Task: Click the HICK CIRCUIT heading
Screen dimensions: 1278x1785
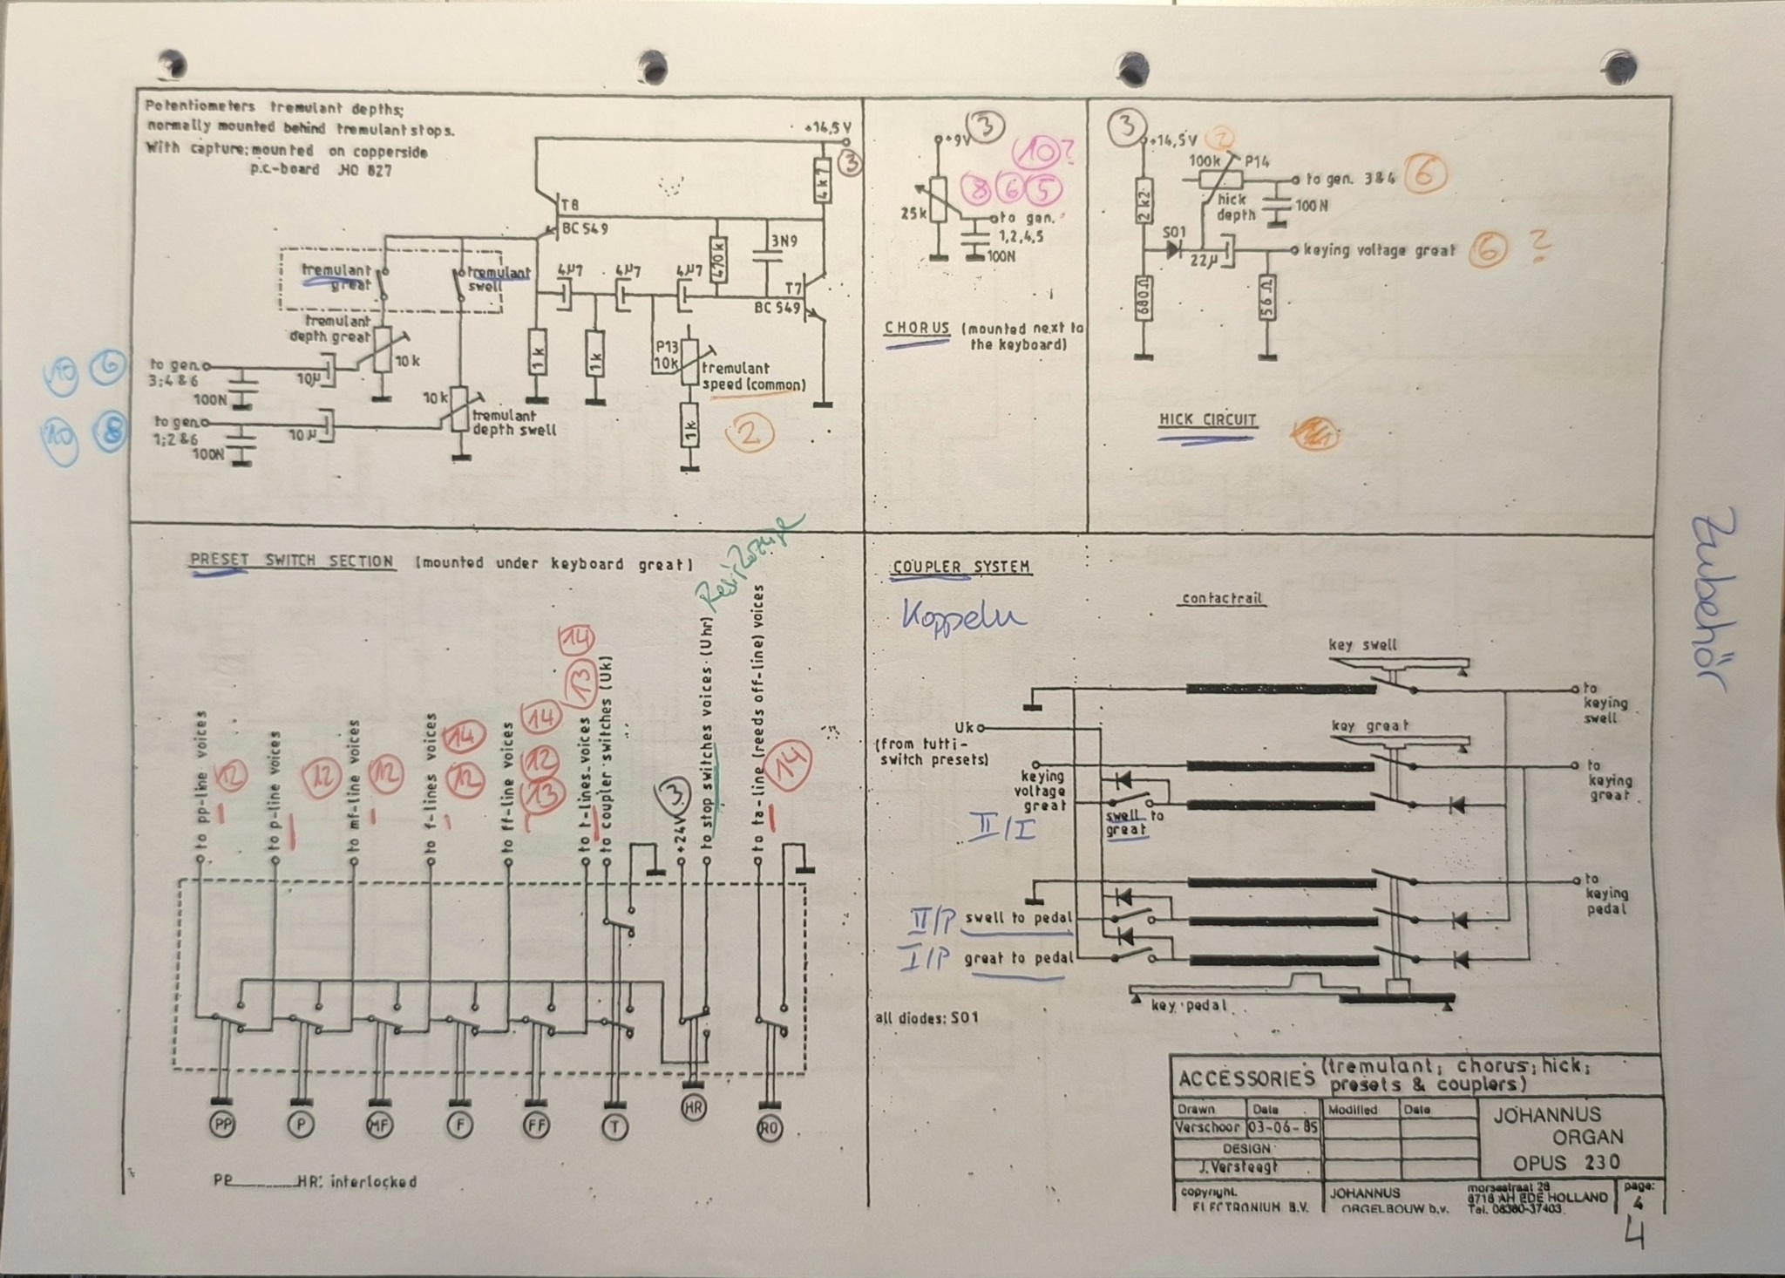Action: pos(1207,420)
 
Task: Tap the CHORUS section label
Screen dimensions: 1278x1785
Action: pos(916,329)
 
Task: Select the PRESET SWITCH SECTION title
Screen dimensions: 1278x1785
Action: pos(291,561)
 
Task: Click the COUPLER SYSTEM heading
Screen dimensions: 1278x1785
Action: pos(961,568)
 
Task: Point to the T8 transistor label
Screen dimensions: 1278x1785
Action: pos(570,206)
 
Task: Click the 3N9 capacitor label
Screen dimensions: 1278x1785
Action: pos(784,240)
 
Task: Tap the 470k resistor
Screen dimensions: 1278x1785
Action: pos(717,260)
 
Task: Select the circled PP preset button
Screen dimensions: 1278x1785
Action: pos(223,1125)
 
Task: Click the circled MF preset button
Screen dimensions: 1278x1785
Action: pos(378,1125)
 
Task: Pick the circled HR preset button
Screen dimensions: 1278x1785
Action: pos(694,1107)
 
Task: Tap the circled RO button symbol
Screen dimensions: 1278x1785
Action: pos(769,1129)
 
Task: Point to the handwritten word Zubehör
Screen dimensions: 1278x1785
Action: pos(1712,602)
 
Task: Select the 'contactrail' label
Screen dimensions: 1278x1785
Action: pos(1221,599)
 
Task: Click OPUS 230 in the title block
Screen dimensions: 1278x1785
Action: pos(1566,1162)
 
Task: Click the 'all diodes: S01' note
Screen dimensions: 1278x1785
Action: pos(927,1017)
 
